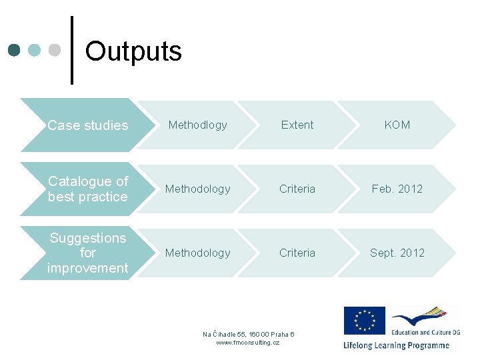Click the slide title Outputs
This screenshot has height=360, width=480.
pyautogui.click(x=133, y=51)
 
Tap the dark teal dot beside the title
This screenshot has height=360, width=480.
pyautogui.click(x=15, y=50)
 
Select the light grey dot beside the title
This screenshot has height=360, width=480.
pyautogui.click(x=55, y=50)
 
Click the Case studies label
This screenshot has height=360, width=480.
pyautogui.click(x=87, y=125)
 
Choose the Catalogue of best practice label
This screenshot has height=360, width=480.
pyautogui.click(x=87, y=189)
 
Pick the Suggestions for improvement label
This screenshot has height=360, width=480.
pyautogui.click(x=87, y=253)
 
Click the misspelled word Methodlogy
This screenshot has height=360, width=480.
pyautogui.click(x=197, y=125)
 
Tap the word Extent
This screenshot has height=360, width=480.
pyautogui.click(x=297, y=125)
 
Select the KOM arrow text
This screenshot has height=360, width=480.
pyautogui.click(x=397, y=125)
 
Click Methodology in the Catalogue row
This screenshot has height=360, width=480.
pyautogui.click(x=197, y=189)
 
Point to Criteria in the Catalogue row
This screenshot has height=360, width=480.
pyautogui.click(x=297, y=189)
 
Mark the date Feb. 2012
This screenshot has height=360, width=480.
pyautogui.click(x=397, y=189)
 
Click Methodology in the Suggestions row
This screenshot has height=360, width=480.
pyautogui.click(x=197, y=253)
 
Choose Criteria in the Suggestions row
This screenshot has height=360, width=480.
pyautogui.click(x=297, y=253)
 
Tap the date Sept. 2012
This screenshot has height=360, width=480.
pyautogui.click(x=397, y=253)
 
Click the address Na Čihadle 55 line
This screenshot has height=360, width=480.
pyautogui.click(x=248, y=334)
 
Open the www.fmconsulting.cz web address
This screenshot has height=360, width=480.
pyautogui.click(x=248, y=342)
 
